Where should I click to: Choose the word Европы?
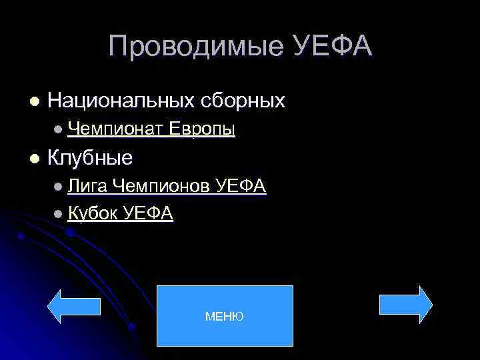[202, 129]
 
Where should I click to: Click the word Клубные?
[90, 158]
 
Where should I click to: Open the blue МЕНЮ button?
[225, 316]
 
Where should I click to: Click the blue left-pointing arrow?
[64, 306]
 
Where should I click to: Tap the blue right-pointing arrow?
[405, 305]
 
